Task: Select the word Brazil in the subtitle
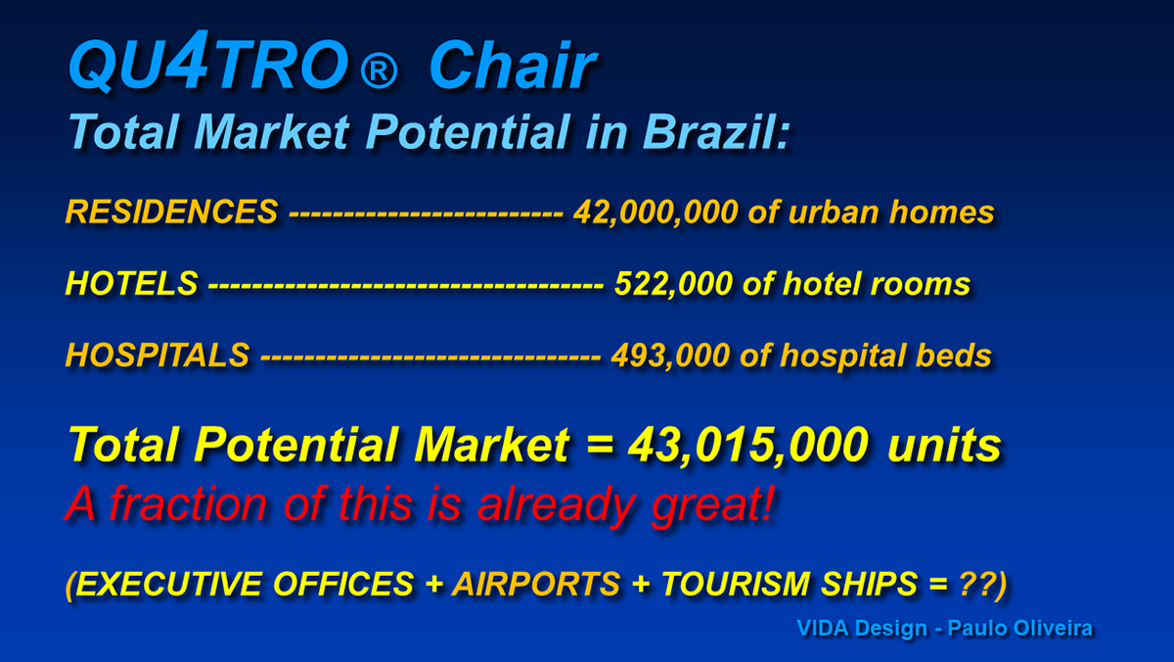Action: (716, 131)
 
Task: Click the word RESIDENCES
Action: (171, 212)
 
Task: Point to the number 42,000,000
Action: (655, 213)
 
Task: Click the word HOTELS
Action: (131, 284)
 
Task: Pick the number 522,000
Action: (673, 285)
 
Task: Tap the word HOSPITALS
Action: (158, 355)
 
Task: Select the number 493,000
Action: (670, 356)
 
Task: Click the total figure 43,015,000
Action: (748, 446)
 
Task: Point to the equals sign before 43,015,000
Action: (600, 445)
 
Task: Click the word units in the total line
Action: (944, 445)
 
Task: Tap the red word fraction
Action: (189, 503)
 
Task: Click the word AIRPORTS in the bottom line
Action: (537, 584)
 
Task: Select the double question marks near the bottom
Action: (977, 584)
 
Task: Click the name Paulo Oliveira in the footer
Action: (1020, 629)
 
